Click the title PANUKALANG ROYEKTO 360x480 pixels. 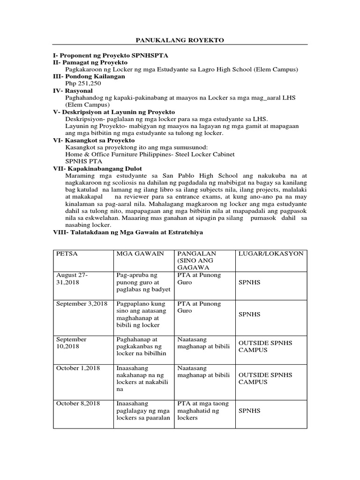coord(180,40)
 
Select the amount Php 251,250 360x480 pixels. coord(83,83)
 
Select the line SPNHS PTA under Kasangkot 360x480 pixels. coord(82,161)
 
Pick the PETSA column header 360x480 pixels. coord(67,254)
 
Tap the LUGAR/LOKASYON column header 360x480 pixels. coord(271,254)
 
